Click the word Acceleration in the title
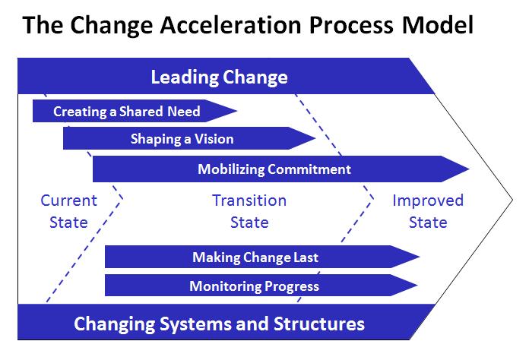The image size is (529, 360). tap(230, 25)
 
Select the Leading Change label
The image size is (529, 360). tap(220, 77)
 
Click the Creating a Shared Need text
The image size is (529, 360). tap(127, 112)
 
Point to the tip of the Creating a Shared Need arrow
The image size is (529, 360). tap(237, 111)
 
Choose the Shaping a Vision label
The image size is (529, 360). tap(182, 139)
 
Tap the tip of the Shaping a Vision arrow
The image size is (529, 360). tap(315, 138)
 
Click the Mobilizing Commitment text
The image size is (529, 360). tap(274, 169)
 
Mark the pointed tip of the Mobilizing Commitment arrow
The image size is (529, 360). tap(469, 169)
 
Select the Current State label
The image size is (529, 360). tap(69, 211)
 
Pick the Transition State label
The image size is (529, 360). tap(249, 211)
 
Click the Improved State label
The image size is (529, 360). tap(428, 211)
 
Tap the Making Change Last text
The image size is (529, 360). tap(255, 257)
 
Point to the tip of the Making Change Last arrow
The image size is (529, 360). tap(420, 257)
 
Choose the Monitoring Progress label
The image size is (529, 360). tap(255, 286)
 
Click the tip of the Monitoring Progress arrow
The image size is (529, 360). tap(418, 285)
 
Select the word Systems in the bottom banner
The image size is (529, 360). tap(195, 324)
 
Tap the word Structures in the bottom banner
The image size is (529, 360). tap(319, 324)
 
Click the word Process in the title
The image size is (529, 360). tap(351, 25)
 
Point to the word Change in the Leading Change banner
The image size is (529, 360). tap(255, 78)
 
